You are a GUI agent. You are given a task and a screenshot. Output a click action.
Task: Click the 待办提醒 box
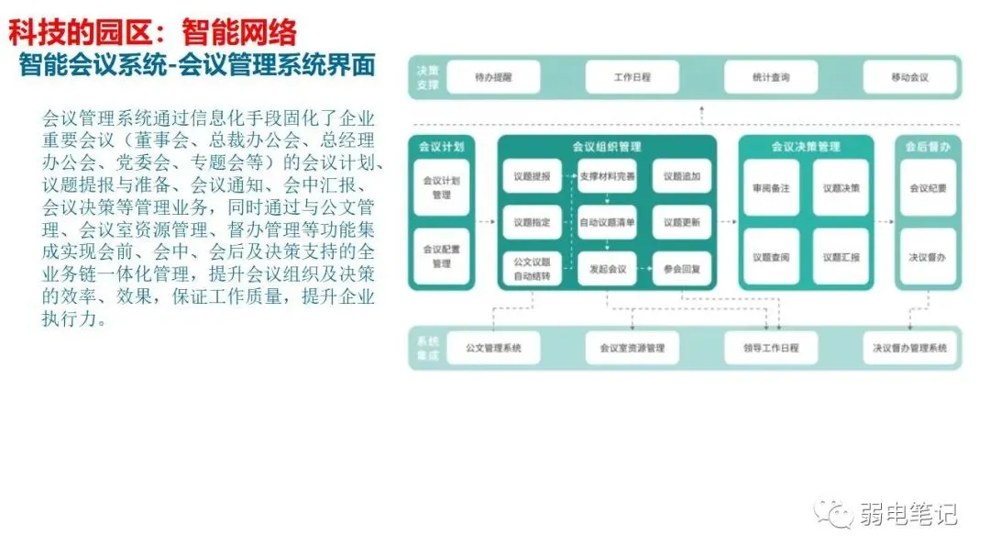coord(493,77)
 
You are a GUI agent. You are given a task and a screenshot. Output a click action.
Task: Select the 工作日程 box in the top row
coord(632,77)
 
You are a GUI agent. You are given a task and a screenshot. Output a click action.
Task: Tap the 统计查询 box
coord(770,77)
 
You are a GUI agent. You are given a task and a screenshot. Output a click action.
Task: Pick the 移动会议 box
coord(908,77)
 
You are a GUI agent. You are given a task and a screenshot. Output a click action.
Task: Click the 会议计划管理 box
coord(441,188)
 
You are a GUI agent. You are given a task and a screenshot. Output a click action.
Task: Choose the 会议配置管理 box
coord(441,256)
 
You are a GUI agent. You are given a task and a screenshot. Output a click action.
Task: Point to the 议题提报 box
coord(531,175)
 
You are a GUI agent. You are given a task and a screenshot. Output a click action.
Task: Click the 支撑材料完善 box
coord(607,175)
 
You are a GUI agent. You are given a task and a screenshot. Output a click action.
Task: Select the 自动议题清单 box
coord(607,222)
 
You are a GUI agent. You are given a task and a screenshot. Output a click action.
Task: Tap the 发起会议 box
coord(607,269)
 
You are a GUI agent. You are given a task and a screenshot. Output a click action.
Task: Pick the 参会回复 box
coord(682,269)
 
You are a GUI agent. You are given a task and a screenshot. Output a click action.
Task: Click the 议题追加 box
coord(682,175)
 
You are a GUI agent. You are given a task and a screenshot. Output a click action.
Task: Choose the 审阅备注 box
coord(770,188)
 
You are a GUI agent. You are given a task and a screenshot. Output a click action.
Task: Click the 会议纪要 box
coord(928,188)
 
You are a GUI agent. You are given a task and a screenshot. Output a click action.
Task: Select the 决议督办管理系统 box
coord(909,349)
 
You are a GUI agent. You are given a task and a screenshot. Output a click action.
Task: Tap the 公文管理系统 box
coord(493,349)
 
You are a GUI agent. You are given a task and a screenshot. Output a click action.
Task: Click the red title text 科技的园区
coord(77,33)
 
